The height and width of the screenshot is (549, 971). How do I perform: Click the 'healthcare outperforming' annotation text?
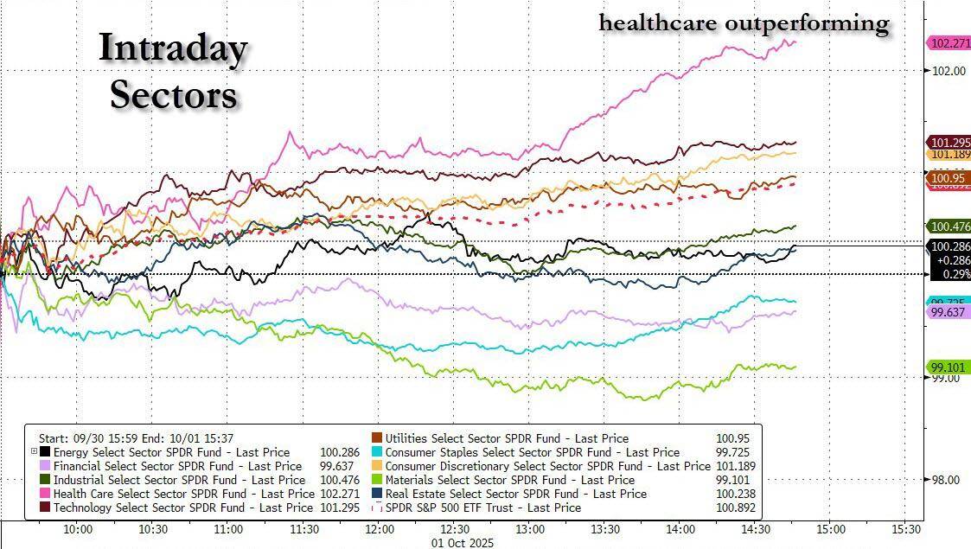click(x=744, y=22)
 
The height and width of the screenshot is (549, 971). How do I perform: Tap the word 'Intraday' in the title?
click(x=173, y=48)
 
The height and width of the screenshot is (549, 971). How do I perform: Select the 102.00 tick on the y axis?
click(x=946, y=71)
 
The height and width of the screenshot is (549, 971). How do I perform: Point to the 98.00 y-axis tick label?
click(x=946, y=480)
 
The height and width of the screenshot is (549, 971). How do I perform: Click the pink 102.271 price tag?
click(x=949, y=43)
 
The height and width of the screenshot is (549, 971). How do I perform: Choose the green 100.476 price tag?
click(x=949, y=227)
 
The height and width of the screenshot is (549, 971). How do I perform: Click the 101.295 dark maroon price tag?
click(x=949, y=143)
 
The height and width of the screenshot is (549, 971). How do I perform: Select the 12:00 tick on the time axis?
click(x=379, y=528)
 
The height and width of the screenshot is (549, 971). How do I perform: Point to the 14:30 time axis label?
click(x=755, y=528)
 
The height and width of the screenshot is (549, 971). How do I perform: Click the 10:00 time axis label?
click(x=79, y=528)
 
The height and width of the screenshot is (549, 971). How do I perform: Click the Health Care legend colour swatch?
click(x=45, y=494)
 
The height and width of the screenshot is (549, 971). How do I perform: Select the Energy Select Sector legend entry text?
click(x=171, y=452)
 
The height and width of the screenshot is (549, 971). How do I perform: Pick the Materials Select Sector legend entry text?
click(x=509, y=480)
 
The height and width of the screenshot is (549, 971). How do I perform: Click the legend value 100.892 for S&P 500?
click(x=733, y=508)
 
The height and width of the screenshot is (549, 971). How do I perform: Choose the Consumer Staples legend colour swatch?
click(x=377, y=452)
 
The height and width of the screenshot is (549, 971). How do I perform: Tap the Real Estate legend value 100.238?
click(x=733, y=494)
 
